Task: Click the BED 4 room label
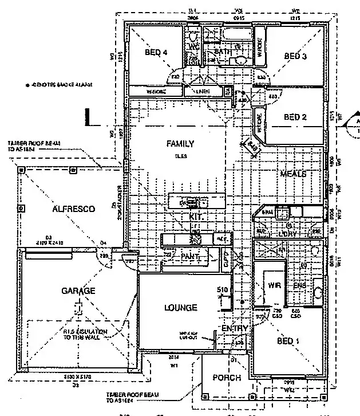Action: coord(156,52)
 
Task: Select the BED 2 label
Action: coord(296,117)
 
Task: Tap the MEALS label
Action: coord(293,173)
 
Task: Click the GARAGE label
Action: coord(78,291)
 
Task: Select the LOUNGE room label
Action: coord(180,308)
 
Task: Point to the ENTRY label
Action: coord(235,328)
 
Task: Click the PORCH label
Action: coord(227,378)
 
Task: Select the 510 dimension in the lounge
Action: coord(223,289)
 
